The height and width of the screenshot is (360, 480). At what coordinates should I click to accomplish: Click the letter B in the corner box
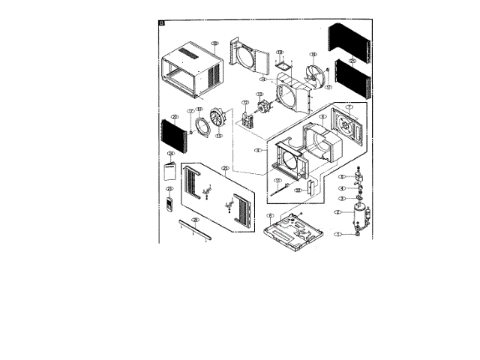[x=162, y=22]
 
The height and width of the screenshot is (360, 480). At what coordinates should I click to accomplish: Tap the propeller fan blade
[x=318, y=74]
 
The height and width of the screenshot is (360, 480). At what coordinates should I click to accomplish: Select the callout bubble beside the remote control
[x=169, y=189]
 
